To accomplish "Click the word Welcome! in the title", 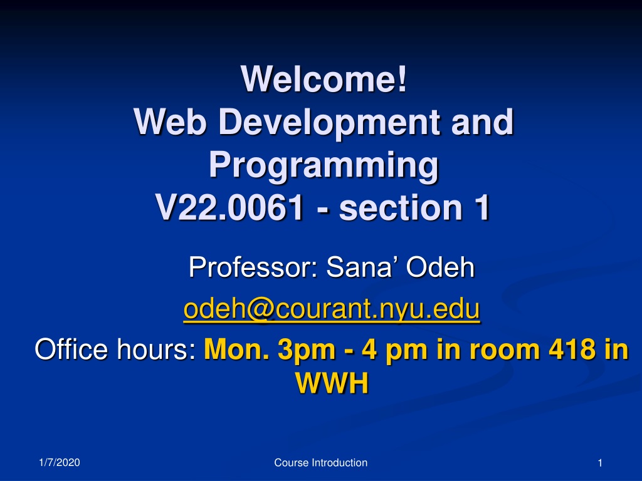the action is click(x=324, y=78).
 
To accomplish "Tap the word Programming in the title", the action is click(x=324, y=165).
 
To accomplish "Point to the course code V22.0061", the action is click(x=229, y=207).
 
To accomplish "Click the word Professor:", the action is click(x=253, y=267).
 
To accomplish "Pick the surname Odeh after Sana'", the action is click(x=440, y=267).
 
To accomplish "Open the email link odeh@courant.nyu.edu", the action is click(x=332, y=309).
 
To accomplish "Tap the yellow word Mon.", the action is click(x=236, y=349).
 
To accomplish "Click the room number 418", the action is click(x=572, y=349).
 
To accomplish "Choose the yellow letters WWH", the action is click(x=332, y=383).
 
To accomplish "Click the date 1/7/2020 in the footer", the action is click(x=60, y=463).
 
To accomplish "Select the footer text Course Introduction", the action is click(x=320, y=463).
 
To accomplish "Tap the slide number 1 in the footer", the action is click(x=600, y=463).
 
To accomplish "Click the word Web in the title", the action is click(x=169, y=122).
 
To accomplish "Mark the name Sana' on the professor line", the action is click(x=362, y=267).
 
